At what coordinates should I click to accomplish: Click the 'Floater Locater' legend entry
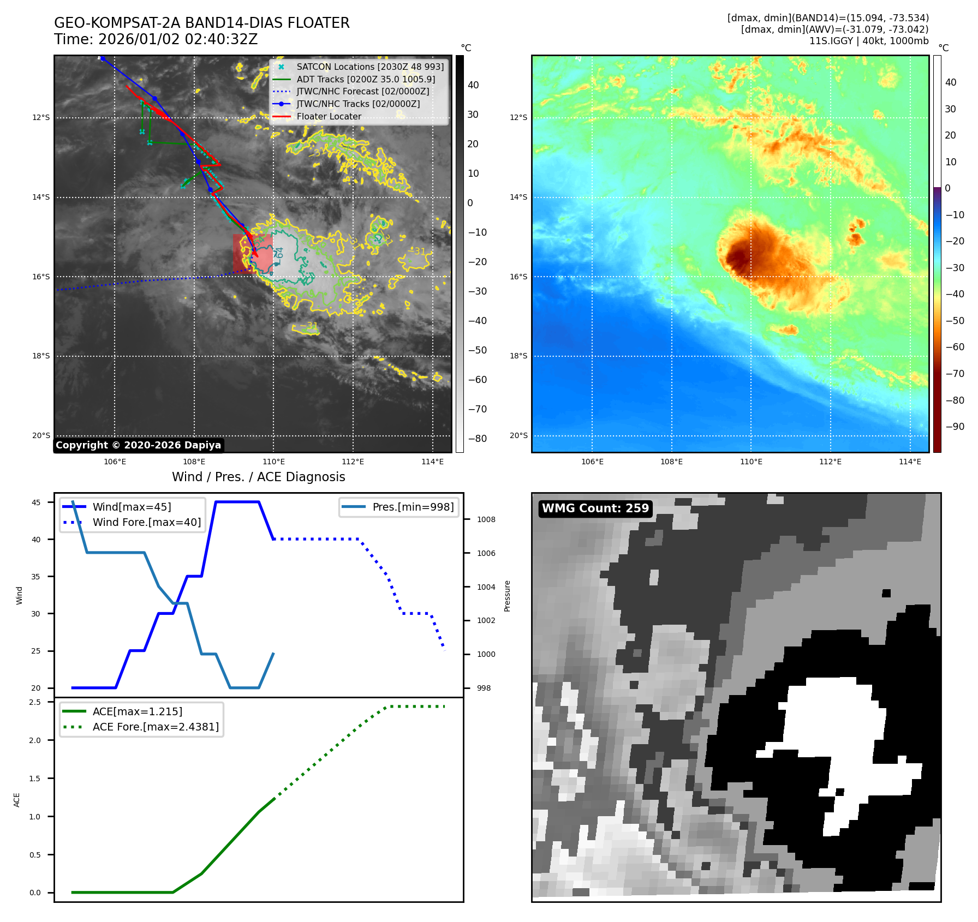point(329,117)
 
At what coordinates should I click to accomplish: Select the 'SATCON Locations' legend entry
point(370,67)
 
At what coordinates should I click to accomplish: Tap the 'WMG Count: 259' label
point(595,508)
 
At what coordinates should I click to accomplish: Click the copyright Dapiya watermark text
point(138,445)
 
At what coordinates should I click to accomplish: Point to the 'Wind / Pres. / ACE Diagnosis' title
point(259,477)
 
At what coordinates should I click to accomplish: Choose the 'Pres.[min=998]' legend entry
point(413,507)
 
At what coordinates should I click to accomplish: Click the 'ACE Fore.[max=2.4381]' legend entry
point(156,727)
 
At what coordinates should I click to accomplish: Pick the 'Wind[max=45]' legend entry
point(132,507)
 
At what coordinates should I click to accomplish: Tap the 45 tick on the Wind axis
point(36,502)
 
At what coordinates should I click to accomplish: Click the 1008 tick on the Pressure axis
point(486,519)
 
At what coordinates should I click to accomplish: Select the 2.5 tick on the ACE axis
point(35,702)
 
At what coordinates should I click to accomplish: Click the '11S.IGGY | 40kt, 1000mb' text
point(869,41)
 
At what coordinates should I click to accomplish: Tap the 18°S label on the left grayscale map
point(41,356)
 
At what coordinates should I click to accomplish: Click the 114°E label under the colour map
point(910,462)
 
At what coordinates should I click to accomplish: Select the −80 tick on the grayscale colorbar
point(478,439)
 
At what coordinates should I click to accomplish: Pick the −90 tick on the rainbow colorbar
point(955,427)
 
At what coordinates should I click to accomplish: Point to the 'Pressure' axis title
point(507,596)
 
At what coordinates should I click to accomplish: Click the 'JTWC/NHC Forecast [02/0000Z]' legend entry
point(362,92)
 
